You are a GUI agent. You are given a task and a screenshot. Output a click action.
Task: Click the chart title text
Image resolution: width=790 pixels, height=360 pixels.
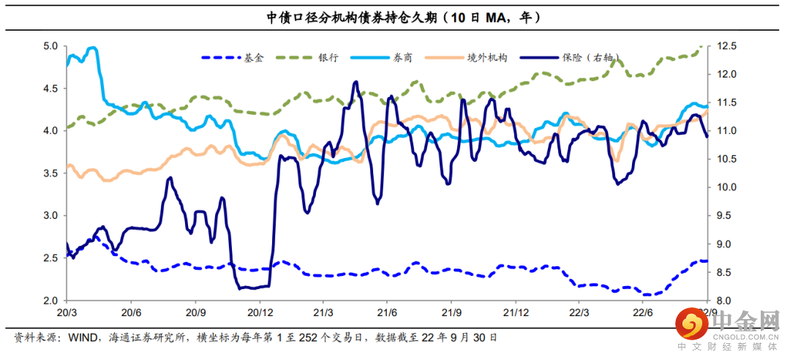tap(394, 17)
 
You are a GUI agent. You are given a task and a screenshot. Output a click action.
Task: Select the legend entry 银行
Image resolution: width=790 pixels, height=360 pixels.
tap(328, 57)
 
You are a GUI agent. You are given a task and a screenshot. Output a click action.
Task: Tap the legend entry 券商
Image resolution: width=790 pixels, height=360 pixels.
tap(403, 57)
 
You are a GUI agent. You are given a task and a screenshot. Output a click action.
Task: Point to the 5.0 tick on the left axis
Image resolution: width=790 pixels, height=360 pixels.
tap(50, 46)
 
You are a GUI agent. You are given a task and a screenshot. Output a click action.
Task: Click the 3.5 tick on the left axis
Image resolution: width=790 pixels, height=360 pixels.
tap(50, 173)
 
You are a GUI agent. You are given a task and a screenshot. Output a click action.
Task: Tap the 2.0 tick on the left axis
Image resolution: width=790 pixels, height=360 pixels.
tap(50, 301)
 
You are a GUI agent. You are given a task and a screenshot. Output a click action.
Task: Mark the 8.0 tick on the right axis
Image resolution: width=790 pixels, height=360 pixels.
tap(724, 301)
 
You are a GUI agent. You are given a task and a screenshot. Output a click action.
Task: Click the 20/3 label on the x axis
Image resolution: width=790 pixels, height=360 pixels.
tap(67, 312)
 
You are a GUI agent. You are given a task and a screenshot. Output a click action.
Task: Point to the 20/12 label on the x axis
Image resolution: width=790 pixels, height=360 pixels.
tap(259, 312)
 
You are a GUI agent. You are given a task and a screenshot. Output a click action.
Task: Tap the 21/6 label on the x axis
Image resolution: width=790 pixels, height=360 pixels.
tap(387, 312)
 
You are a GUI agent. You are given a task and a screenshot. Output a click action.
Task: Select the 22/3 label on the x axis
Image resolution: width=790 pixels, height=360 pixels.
tap(579, 312)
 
